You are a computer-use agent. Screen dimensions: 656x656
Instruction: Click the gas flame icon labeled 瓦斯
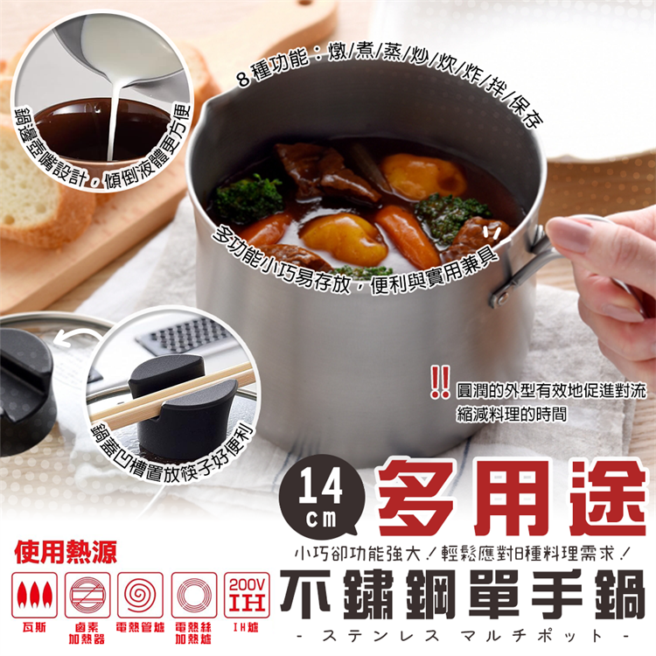point(36,595)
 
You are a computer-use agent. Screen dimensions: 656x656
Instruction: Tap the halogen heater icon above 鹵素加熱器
point(87,595)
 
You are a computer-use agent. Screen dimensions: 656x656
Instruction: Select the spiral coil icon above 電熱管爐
point(140,595)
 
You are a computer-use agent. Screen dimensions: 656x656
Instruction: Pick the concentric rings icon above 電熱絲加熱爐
point(193,595)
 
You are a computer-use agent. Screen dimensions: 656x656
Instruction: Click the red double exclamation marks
point(441,379)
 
